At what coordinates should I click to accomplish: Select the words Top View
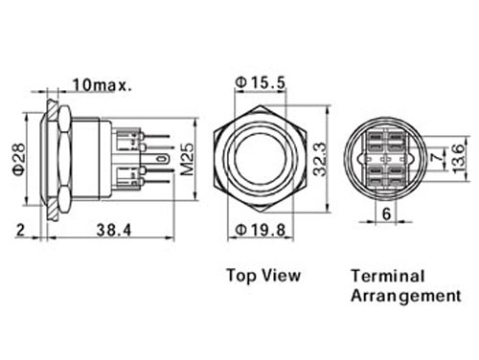[x=262, y=276]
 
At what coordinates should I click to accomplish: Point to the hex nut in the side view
[x=57, y=158]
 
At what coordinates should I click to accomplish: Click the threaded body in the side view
[x=94, y=158]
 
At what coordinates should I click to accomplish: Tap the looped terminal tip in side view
[x=163, y=158]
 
